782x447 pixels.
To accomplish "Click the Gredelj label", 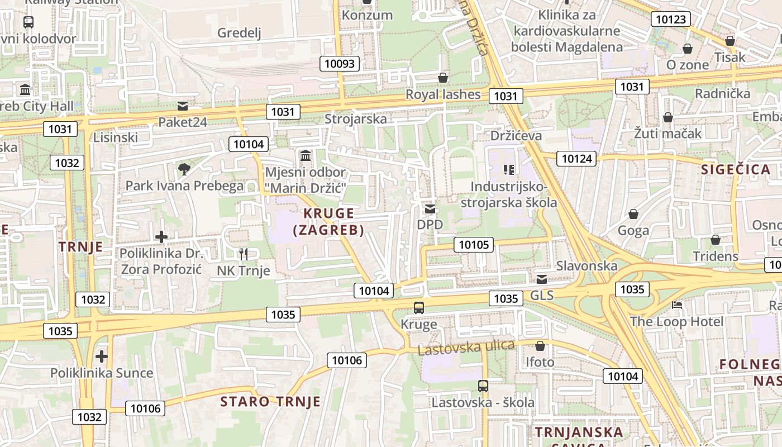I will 239,33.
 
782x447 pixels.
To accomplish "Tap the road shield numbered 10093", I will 340,63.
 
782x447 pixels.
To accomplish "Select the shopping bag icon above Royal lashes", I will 443,77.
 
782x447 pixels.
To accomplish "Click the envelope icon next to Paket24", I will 183,106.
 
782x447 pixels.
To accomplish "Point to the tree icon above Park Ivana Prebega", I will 184,169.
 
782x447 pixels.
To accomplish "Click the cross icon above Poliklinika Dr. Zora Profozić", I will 161,237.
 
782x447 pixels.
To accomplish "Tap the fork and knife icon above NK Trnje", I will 243,254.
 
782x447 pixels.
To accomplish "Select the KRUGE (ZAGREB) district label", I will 328,221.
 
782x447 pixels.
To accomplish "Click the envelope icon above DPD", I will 430,209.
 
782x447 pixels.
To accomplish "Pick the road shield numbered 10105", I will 474,244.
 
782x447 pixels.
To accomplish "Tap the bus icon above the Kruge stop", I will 419,307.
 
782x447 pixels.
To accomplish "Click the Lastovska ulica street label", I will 466,348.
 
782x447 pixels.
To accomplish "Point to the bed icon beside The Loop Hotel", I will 677,305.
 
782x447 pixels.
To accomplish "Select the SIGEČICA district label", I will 736,170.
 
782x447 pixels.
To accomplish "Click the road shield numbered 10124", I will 576,159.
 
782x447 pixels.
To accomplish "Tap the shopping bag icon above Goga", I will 633,214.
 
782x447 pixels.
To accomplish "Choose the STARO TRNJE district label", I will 270,401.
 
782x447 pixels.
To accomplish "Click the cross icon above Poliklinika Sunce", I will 101,356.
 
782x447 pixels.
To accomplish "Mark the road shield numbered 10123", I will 670,20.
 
